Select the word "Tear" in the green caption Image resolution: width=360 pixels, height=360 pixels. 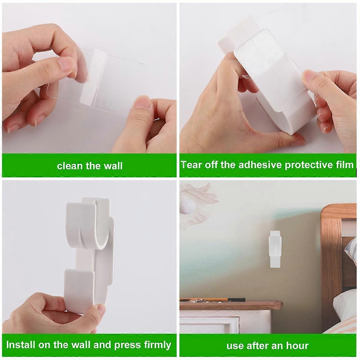coord(192,165)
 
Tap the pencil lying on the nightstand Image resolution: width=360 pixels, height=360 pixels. coord(213,299)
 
